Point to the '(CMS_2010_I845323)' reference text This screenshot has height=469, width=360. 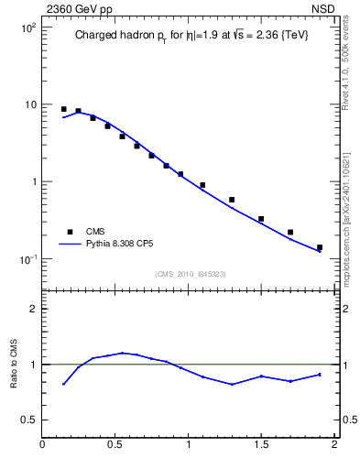[190, 274]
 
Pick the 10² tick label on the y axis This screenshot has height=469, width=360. [27, 27]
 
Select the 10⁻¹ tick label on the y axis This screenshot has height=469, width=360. [27, 258]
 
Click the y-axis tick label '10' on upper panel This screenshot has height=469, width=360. [29, 104]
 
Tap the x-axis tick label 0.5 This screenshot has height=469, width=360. [115, 446]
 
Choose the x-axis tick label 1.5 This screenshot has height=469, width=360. [261, 446]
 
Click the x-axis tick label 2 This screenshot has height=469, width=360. [334, 446]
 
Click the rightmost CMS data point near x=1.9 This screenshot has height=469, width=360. [320, 247]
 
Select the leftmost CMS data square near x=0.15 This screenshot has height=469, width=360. [63, 109]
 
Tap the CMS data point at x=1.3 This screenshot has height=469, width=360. [232, 200]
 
